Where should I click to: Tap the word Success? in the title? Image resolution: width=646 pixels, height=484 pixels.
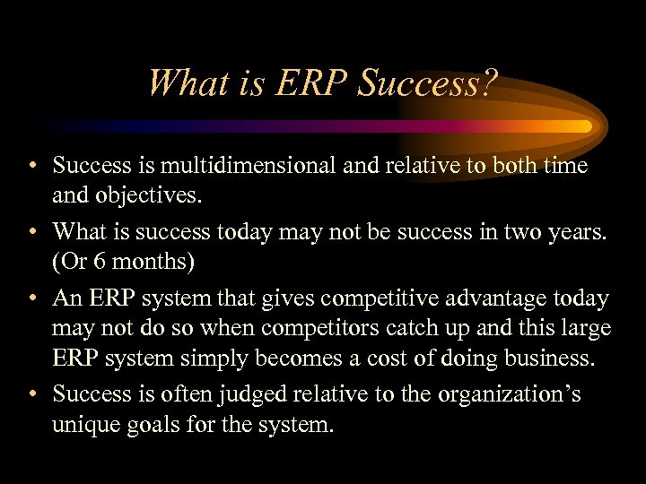pyautogui.click(x=427, y=83)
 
